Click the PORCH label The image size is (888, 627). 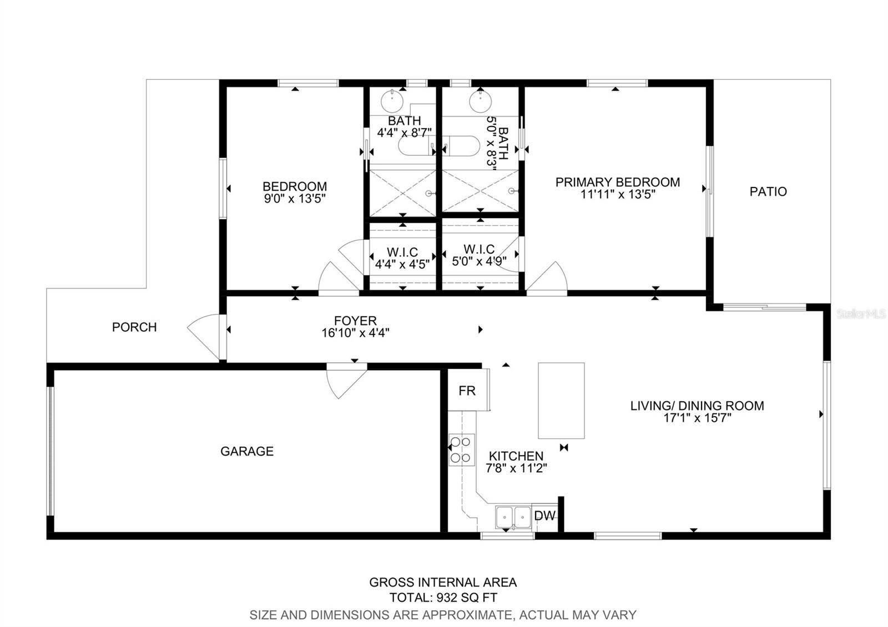click(x=134, y=327)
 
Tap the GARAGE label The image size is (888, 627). click(x=247, y=451)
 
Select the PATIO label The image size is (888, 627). click(x=768, y=191)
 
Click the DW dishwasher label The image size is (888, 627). click(x=544, y=515)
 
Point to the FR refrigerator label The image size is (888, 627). click(x=467, y=391)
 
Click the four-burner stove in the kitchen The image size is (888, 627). click(x=461, y=450)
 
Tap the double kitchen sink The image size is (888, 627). click(x=513, y=517)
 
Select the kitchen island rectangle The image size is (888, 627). click(x=561, y=401)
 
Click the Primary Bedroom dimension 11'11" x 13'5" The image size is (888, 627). click(x=618, y=194)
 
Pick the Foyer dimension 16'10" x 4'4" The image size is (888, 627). click(x=355, y=332)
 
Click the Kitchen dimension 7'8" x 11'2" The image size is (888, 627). click(x=516, y=468)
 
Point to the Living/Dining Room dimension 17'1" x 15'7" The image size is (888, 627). click(x=697, y=418)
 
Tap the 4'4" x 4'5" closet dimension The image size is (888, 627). click(x=402, y=264)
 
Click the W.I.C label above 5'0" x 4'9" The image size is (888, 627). click(x=479, y=249)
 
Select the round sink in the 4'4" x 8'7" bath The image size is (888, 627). click(x=392, y=101)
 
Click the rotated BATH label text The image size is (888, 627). click(x=503, y=143)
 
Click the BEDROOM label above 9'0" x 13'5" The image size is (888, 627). click(x=295, y=186)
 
